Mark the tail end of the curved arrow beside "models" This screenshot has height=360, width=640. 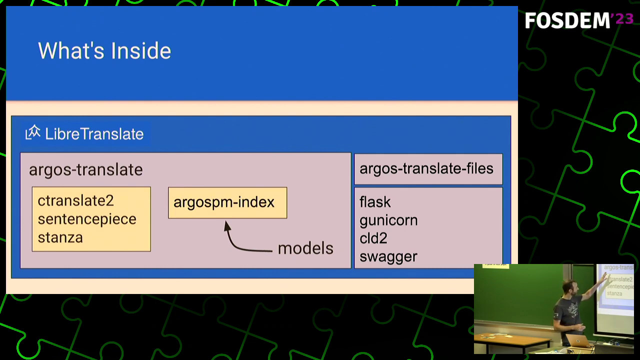coord(272,251)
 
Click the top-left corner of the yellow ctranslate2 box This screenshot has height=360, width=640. coord(32,187)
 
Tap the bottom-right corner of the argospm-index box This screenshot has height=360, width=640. coord(287,218)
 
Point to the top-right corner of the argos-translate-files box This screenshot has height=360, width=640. coord(502,154)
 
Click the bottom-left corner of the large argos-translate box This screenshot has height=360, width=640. coord(20,268)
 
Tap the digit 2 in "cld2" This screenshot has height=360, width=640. coord(382,238)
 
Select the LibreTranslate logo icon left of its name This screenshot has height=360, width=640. coord(33,132)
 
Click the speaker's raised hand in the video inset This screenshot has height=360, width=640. coord(604,276)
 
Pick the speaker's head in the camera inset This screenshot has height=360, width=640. coord(569,289)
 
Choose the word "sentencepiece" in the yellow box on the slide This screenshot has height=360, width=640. coord(87,219)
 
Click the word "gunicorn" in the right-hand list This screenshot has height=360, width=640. coord(388,220)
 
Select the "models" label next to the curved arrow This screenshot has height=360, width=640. coord(305,248)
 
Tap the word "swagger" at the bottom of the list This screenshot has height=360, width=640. coord(388,257)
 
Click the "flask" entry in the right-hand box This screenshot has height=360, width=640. coord(375,202)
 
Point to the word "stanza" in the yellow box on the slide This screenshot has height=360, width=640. coord(60,237)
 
